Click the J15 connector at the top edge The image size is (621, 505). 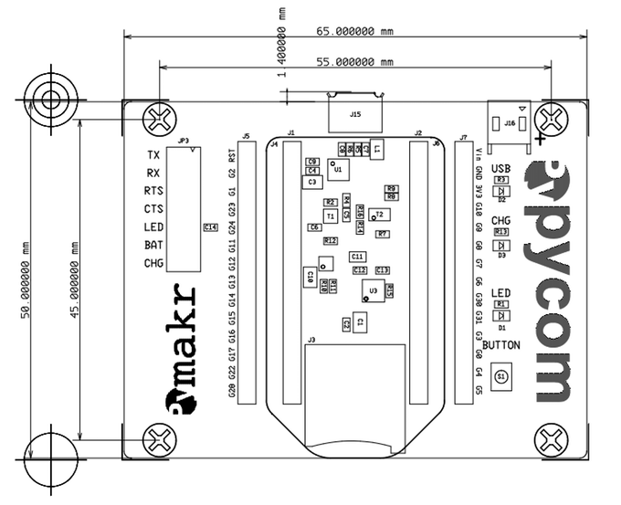click(x=355, y=114)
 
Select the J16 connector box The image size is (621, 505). click(x=509, y=121)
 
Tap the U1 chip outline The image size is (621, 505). click(x=338, y=169)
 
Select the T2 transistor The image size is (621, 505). click(x=379, y=214)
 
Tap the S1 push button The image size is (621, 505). click(x=500, y=374)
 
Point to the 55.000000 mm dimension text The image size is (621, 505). click(x=355, y=62)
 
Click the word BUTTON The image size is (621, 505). click(x=500, y=345)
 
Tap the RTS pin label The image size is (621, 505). click(x=153, y=191)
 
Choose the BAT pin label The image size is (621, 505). click(x=153, y=245)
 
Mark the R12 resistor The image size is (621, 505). click(x=331, y=240)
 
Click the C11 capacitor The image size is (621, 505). click(x=357, y=257)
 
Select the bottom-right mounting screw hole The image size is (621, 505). click(x=552, y=439)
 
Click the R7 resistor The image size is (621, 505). click(x=383, y=234)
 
